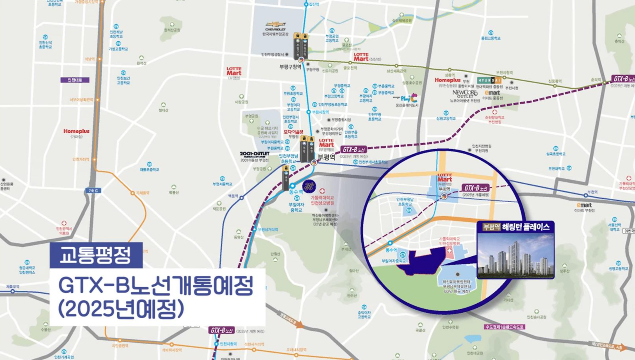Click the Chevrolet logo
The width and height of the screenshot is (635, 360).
275,25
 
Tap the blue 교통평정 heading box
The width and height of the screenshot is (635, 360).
96,255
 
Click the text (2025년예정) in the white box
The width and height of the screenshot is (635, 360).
121,309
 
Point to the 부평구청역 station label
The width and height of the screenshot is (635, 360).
290,67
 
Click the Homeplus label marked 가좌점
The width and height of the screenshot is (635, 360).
77,131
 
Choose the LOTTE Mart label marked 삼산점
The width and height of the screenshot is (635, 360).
361,57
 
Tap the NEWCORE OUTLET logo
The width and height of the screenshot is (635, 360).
465,94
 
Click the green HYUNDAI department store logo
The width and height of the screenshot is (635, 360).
489,80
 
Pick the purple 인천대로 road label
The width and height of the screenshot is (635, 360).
75,80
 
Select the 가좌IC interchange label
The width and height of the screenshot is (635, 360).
93,191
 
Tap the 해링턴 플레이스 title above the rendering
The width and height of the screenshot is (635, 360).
526,227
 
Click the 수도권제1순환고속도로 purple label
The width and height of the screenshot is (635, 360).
505,327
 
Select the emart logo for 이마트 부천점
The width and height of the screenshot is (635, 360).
584,205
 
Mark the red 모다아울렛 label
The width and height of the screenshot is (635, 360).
293,132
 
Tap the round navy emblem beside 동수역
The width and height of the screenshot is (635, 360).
309,186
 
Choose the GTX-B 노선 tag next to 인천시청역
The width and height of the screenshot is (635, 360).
222,330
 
